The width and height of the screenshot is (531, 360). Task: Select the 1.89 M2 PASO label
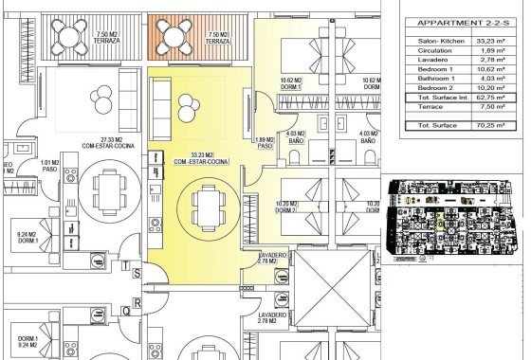click(x=265, y=144)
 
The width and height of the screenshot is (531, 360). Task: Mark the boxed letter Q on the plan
click(x=126, y=308)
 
